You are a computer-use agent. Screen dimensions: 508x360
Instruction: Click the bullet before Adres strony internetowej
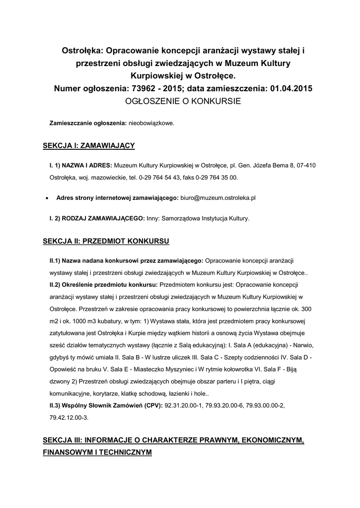tap(46, 197)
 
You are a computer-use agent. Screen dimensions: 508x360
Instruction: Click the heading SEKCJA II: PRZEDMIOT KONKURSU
tap(106, 241)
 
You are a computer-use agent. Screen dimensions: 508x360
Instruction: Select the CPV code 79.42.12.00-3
tap(69, 418)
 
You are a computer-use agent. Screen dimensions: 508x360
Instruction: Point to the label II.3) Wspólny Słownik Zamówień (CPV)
tap(105, 405)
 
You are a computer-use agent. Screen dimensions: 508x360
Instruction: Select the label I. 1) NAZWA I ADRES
tap(81, 165)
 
